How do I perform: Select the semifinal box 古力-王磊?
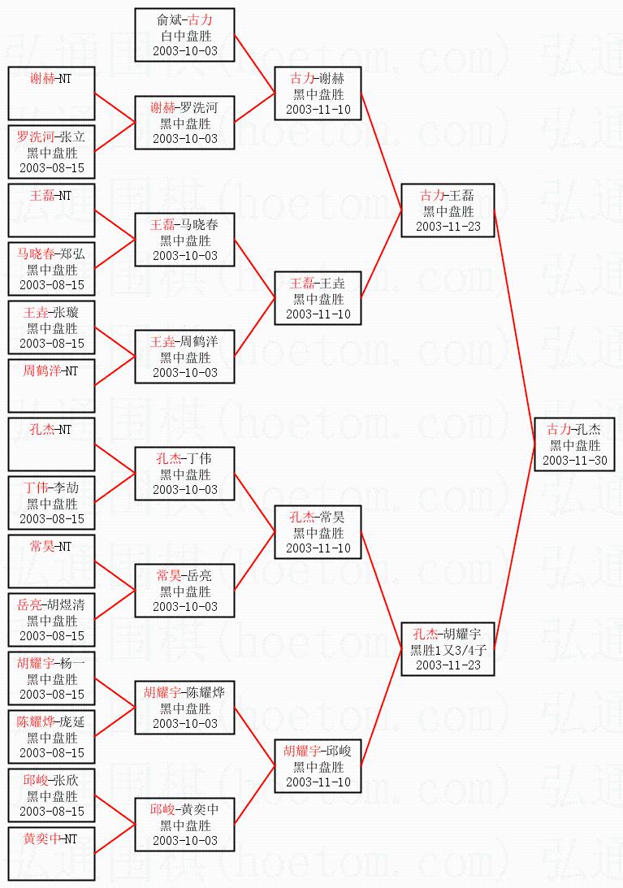448,210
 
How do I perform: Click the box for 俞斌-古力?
185,35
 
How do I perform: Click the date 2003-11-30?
575,460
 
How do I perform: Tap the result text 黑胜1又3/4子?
448,650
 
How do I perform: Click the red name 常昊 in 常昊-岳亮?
170,575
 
